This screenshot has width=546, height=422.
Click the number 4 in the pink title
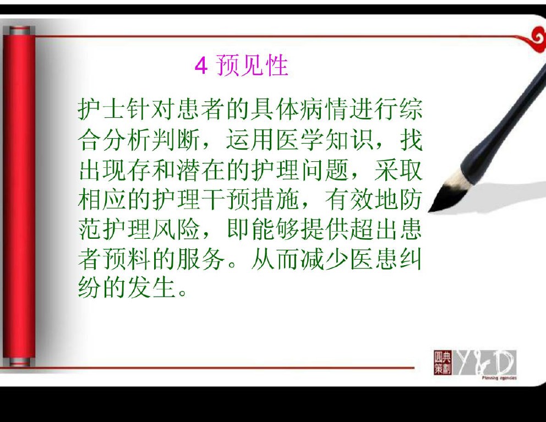201,65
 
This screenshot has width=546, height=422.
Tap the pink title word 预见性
252,65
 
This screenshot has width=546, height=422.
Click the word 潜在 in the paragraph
201,170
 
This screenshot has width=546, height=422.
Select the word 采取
398,170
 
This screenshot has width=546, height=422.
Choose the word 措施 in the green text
275,200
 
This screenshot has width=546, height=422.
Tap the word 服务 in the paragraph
201,259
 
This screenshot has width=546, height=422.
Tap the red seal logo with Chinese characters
442,363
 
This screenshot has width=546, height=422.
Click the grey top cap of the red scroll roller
19,31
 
